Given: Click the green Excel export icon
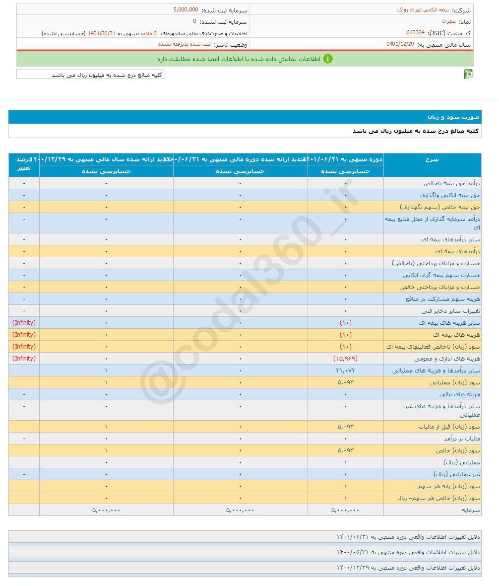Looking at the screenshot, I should pyautogui.click(x=468, y=74).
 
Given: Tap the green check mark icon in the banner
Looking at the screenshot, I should pyautogui.click(x=328, y=59).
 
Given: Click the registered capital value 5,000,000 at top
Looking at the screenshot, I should pyautogui.click(x=186, y=10).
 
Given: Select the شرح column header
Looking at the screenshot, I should pyautogui.click(x=432, y=159).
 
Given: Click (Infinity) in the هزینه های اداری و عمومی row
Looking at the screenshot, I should pyautogui.click(x=24, y=359).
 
